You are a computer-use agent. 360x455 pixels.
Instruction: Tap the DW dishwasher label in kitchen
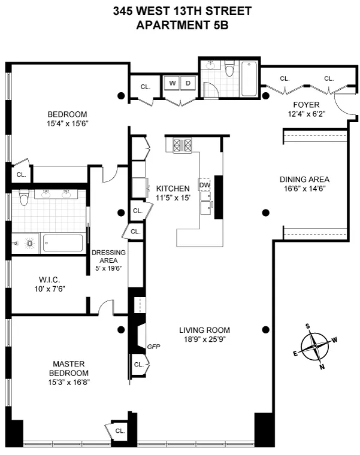(x=205, y=185)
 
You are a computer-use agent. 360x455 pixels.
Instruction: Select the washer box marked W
(x=173, y=83)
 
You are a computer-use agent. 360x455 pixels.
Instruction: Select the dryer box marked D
(x=187, y=83)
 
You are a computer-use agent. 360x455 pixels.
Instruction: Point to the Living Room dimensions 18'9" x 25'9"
(x=205, y=339)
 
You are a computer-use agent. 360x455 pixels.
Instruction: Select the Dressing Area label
(x=108, y=256)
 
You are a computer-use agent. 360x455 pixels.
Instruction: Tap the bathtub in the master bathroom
(x=62, y=243)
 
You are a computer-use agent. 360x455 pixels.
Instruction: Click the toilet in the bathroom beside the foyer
(x=228, y=71)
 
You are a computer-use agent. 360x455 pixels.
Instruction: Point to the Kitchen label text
(x=173, y=188)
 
